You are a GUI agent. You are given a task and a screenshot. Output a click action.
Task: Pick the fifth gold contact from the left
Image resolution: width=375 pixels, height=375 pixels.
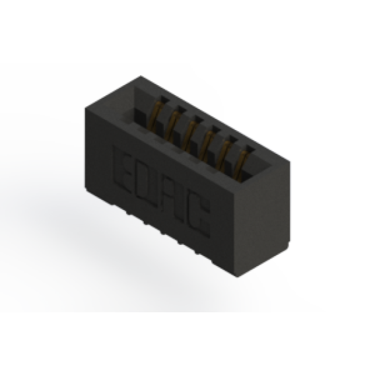pyautogui.click(x=225, y=154)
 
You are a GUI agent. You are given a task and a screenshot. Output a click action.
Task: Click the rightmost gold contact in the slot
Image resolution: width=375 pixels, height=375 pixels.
pyautogui.click(x=242, y=164)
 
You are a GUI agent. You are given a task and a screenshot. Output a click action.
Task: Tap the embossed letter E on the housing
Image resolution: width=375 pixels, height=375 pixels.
pyautogui.click(x=124, y=170)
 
